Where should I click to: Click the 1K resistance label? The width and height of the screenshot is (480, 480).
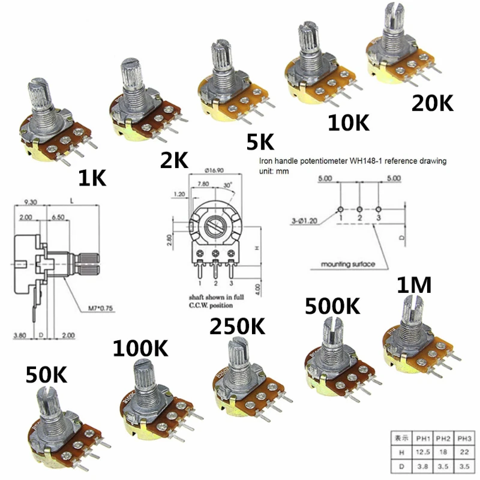tap(92, 178)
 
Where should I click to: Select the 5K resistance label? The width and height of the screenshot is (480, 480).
tap(260, 142)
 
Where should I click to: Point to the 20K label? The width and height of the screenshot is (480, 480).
tap(431, 103)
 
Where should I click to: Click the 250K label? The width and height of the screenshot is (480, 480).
tap(237, 326)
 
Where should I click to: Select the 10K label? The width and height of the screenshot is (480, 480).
tap(348, 122)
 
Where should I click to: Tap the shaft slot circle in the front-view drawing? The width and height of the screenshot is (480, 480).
tap(215, 227)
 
